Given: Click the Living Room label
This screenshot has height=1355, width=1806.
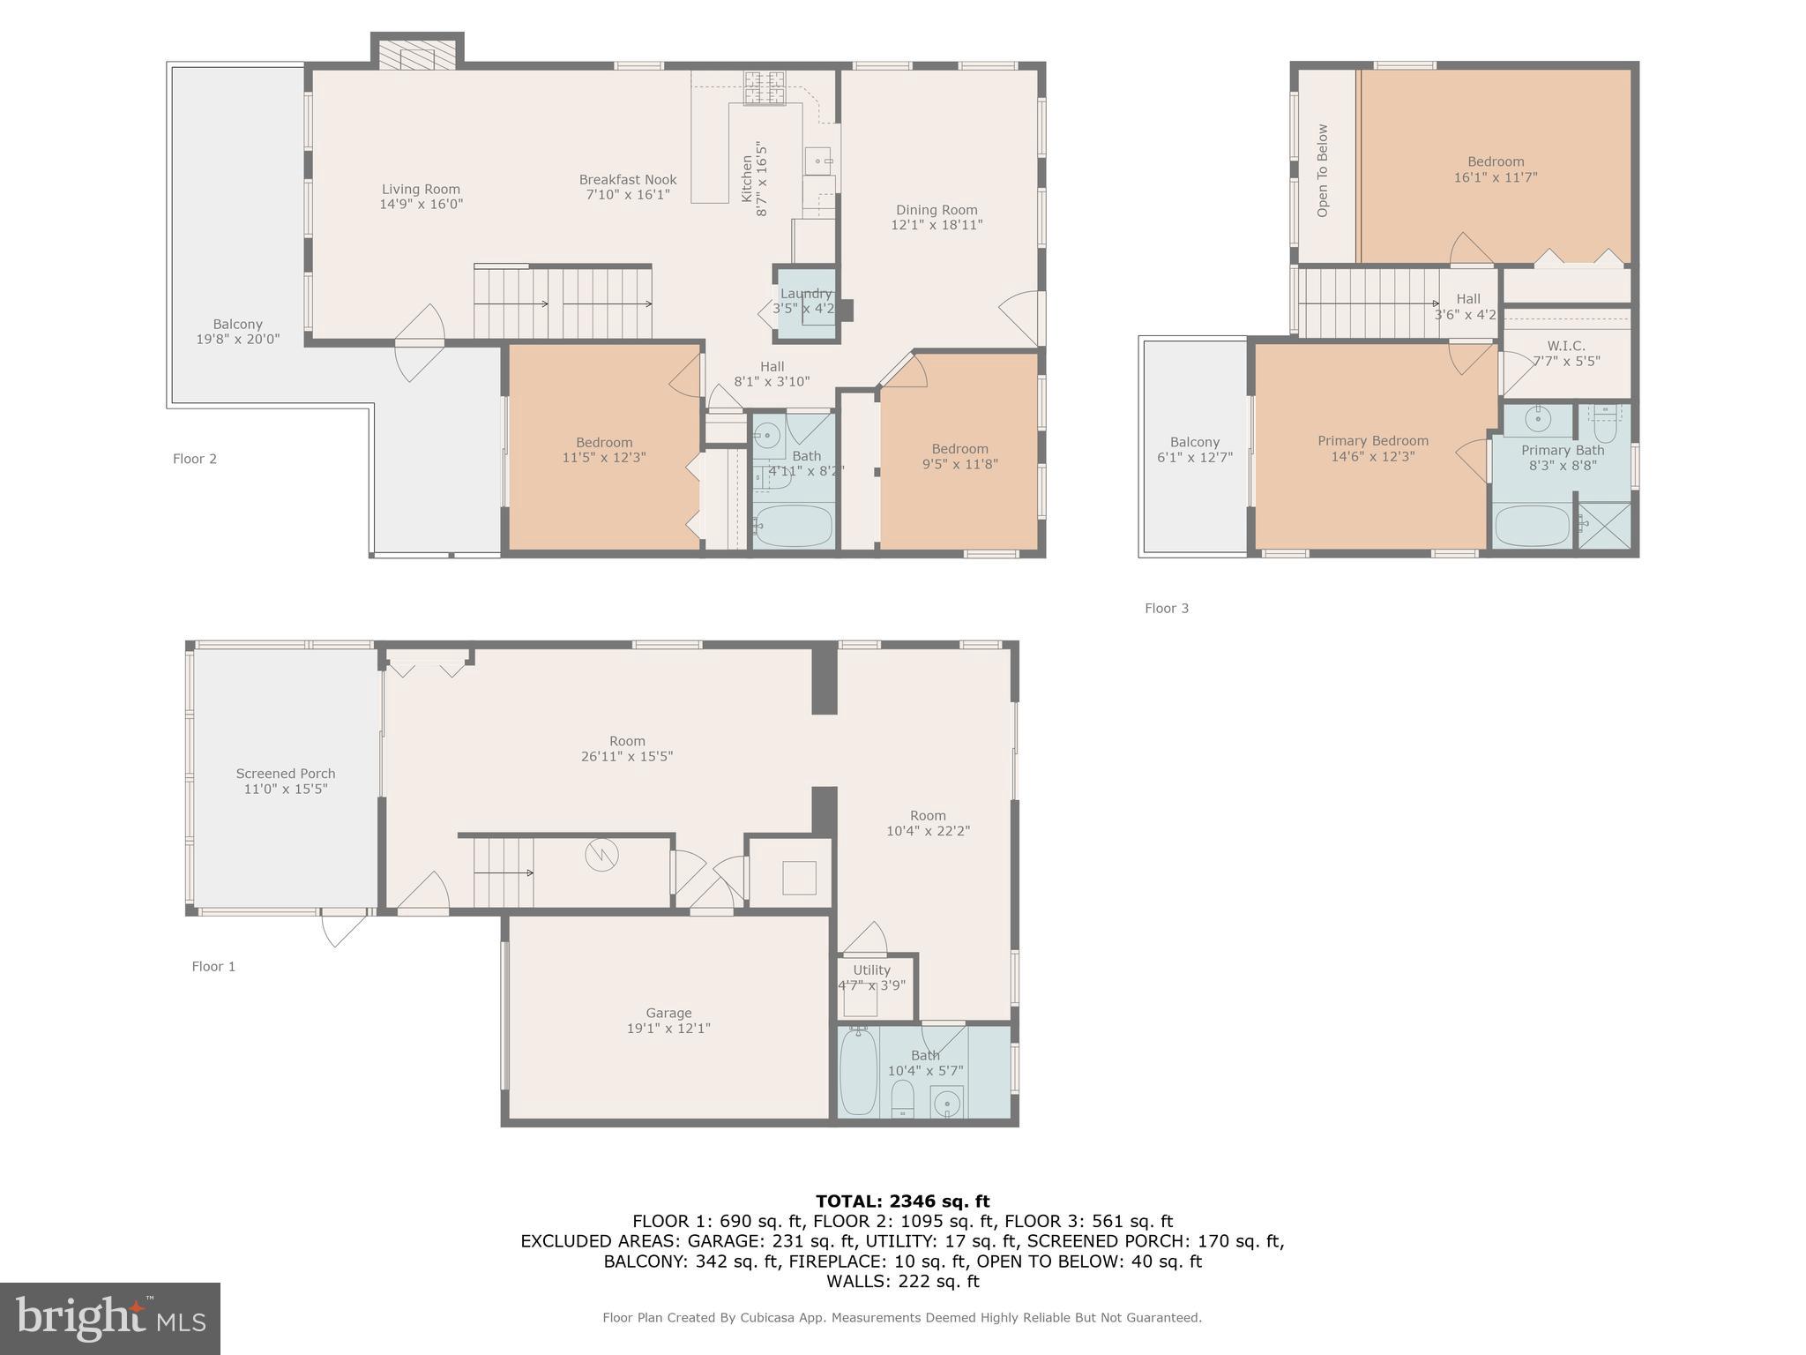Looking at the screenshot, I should [x=421, y=189].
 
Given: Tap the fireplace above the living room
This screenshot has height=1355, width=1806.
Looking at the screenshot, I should [x=417, y=55].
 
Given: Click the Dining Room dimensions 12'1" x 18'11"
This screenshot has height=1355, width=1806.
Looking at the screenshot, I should [x=937, y=225].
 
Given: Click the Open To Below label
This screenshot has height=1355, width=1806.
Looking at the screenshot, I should [x=1322, y=170].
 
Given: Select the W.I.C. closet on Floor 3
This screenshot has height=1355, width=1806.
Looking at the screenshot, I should [x=1566, y=353].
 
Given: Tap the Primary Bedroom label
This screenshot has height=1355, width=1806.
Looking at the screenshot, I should [x=1373, y=441].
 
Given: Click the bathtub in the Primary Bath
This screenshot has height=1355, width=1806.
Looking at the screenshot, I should [x=1534, y=525].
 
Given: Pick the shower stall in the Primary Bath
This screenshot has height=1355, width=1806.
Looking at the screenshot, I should [x=1603, y=525].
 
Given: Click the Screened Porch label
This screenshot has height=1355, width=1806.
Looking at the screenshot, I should [x=286, y=774].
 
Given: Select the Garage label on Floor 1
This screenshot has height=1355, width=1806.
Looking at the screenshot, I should [x=668, y=1013].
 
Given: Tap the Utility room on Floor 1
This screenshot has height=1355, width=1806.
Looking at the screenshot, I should [x=872, y=977].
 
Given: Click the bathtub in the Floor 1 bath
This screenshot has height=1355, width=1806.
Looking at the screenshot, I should [x=858, y=1071].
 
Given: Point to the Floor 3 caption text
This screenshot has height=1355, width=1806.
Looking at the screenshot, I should [x=1167, y=608].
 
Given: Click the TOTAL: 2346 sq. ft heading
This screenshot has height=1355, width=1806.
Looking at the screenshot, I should [x=902, y=1201].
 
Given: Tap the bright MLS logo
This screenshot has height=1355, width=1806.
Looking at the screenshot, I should [x=110, y=1319].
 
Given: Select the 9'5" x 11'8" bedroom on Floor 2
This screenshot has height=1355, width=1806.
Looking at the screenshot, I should [x=959, y=456].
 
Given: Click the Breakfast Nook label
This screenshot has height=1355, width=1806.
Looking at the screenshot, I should [x=628, y=180].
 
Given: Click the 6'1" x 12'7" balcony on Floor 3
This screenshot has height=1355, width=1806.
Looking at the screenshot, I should [x=1194, y=449].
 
